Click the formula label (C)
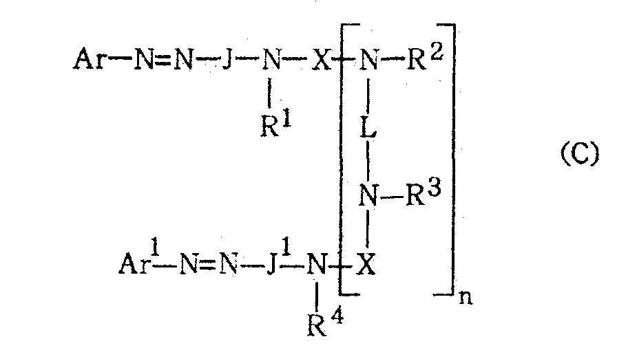point(580,154)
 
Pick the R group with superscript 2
point(424,57)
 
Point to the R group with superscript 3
point(424,193)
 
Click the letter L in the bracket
point(368,127)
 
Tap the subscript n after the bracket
point(466,298)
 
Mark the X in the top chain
point(321,60)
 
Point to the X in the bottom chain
point(366,265)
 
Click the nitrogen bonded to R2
point(369,60)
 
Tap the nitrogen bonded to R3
point(368,195)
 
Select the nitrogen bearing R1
point(272,60)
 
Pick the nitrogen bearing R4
point(317,265)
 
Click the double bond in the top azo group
point(163,60)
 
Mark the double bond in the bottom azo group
point(209,265)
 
